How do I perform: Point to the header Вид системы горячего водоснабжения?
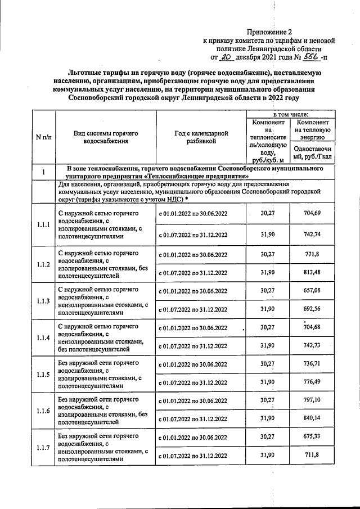click(x=106, y=137)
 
